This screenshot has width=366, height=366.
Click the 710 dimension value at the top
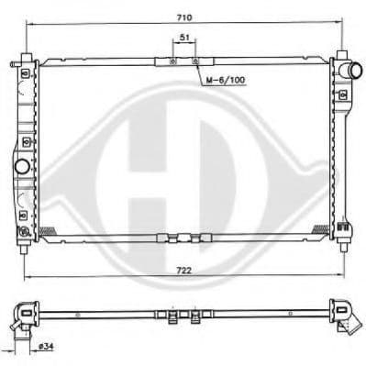click(x=184, y=18)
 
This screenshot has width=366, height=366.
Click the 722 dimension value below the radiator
click(x=184, y=271)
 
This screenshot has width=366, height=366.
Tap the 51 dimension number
click(x=184, y=38)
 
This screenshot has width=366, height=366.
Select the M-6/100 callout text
click(x=226, y=80)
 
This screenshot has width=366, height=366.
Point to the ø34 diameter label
click(x=46, y=347)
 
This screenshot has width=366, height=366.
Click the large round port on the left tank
click(x=22, y=166)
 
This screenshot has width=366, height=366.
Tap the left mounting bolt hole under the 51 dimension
click(x=172, y=61)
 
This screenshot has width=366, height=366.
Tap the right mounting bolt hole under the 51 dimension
click(x=195, y=61)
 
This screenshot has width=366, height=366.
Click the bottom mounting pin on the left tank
click(x=24, y=249)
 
